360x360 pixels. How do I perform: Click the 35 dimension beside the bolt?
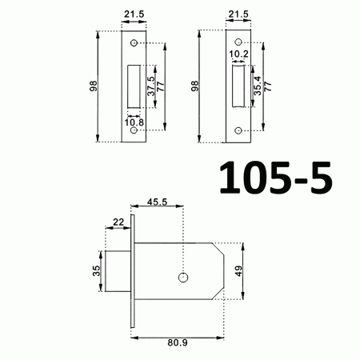click(98, 272)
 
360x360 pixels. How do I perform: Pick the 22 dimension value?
click(118, 222)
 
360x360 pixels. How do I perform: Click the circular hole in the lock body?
click(183, 278)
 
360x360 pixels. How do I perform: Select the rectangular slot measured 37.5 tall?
click(134, 83)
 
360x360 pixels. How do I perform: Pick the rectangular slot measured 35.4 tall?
click(238, 83)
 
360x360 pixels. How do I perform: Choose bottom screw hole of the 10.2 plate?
click(238, 130)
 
